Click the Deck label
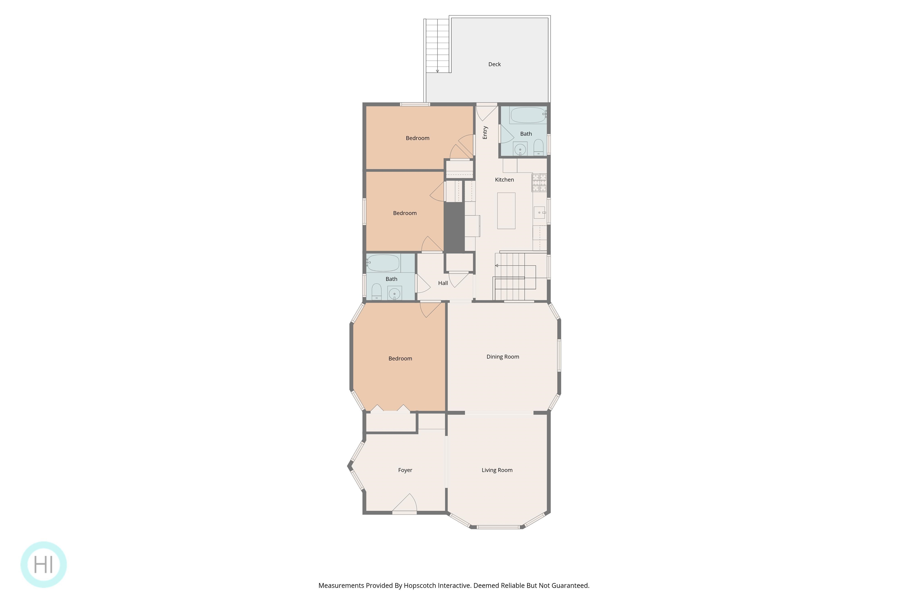494,64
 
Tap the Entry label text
485,133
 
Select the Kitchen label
504,180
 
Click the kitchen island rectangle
506,211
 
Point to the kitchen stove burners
539,182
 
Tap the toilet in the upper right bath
539,148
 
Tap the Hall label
443,283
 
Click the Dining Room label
503,357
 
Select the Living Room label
497,470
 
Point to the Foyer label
405,470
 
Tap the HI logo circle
44,565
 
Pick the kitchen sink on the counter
539,212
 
